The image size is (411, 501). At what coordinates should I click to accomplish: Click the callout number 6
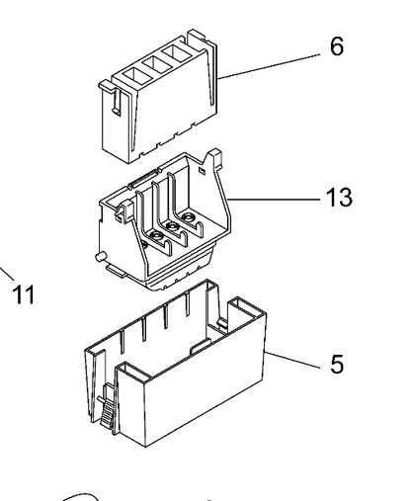(337, 46)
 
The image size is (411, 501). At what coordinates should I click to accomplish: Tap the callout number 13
(339, 198)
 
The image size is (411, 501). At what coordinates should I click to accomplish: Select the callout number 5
(337, 364)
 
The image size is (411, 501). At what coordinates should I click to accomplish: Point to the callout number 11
(24, 293)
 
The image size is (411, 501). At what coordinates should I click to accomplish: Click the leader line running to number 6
(269, 66)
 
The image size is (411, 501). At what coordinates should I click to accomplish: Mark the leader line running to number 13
(274, 200)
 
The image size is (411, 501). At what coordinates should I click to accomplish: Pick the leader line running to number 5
(292, 360)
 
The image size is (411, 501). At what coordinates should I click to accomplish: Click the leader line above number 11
(7, 274)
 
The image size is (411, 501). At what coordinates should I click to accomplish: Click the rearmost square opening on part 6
(177, 54)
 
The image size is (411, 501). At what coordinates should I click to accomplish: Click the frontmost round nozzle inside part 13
(156, 236)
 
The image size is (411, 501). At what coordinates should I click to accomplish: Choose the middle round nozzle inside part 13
(172, 226)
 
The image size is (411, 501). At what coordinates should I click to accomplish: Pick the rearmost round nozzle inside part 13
(189, 217)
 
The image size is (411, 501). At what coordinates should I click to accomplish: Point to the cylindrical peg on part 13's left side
(100, 257)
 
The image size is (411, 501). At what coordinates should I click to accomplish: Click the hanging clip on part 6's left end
(116, 102)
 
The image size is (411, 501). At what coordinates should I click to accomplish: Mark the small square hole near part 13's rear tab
(203, 171)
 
